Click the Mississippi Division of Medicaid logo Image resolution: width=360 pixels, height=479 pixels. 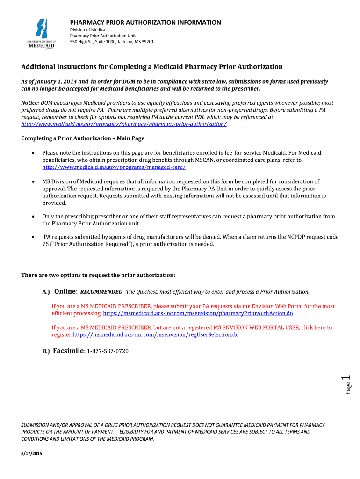[41, 33]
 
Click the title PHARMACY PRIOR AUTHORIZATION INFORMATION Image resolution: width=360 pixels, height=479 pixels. [145, 22]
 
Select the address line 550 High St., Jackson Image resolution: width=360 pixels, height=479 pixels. [111, 42]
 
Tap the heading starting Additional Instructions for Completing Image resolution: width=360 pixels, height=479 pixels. [152, 67]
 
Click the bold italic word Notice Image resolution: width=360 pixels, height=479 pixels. [30, 102]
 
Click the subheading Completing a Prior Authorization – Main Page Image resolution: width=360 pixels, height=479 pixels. [83, 138]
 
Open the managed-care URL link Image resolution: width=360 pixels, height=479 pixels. [114, 167]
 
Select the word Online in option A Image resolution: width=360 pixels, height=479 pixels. [65, 291]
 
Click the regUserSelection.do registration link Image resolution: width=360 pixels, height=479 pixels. [156, 335]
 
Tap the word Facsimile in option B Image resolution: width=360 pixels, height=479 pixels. [68, 351]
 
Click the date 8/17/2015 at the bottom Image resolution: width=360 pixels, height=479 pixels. [32, 454]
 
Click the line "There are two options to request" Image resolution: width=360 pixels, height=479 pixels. [98, 275]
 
